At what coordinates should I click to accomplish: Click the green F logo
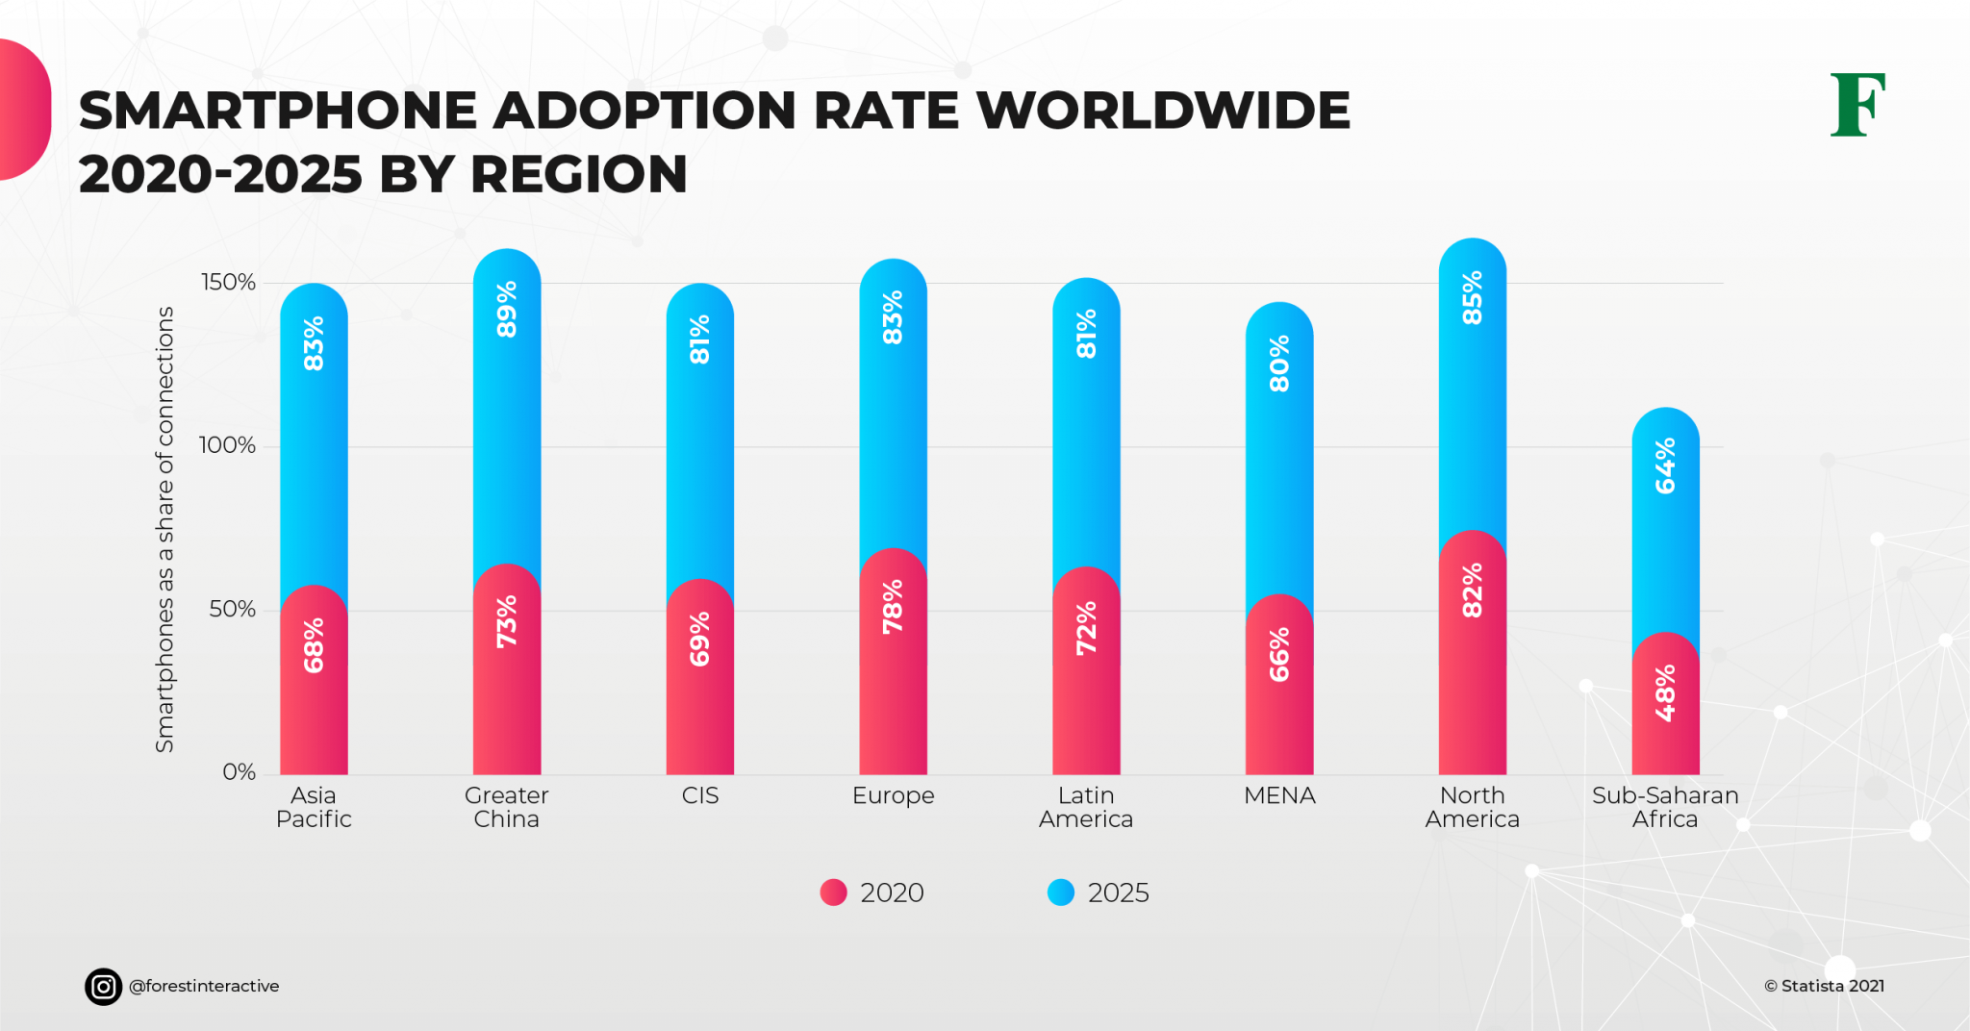pos(1856,105)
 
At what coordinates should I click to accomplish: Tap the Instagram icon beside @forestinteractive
pos(103,986)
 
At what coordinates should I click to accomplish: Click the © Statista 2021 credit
pos(1824,986)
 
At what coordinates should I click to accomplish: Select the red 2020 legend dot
pos(833,893)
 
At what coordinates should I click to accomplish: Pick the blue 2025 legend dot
pos(1060,893)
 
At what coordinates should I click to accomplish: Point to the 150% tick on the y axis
pos(228,282)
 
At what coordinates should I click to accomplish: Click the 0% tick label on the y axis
pos(239,772)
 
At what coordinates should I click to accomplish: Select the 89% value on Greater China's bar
pos(507,309)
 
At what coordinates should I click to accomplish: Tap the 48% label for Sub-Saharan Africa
pos(1665,692)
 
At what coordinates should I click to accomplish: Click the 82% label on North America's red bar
pos(1472,591)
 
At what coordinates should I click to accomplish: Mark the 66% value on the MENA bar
pos(1278,655)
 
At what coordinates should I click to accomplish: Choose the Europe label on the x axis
pos(893,795)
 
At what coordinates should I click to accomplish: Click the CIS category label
pos(699,795)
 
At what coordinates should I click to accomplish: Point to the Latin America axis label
pos(1086,807)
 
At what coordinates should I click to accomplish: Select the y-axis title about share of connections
pos(165,529)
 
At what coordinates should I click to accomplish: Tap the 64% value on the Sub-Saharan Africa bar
pos(1665,465)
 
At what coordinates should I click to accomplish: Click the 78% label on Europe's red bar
pos(893,606)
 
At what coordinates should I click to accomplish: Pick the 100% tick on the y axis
pos(227,445)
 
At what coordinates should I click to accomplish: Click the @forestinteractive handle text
pos(204,986)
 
